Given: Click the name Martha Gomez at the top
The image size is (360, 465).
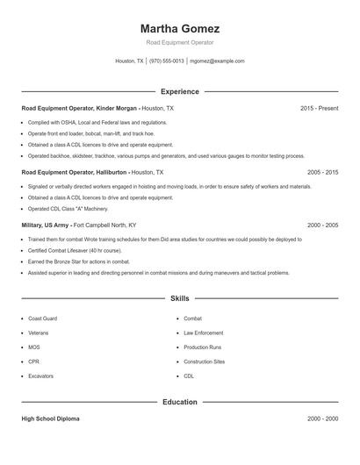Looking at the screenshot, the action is [x=179, y=29].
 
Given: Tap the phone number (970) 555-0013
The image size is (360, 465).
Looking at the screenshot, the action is [x=166, y=61].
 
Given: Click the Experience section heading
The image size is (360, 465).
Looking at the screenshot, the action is [x=179, y=91].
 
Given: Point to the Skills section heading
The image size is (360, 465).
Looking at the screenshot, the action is [x=179, y=298].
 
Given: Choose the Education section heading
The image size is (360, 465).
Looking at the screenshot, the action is [x=179, y=402].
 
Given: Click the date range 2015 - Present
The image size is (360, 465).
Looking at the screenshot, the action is [x=319, y=108].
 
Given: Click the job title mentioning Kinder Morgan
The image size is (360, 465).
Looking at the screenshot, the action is [x=81, y=108].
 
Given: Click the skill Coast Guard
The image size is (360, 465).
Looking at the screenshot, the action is [x=42, y=318].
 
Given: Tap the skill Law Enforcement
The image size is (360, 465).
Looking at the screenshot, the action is [x=203, y=333].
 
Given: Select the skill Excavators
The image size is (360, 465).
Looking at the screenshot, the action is [x=41, y=376].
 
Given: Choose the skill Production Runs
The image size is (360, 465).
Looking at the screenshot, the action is [x=202, y=347].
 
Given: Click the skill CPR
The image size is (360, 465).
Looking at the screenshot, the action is [x=33, y=361].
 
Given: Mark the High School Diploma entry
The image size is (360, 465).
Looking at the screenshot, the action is [x=51, y=418].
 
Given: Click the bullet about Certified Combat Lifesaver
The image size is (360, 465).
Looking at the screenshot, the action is [x=76, y=250].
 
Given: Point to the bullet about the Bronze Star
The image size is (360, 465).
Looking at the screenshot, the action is [x=78, y=261].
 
